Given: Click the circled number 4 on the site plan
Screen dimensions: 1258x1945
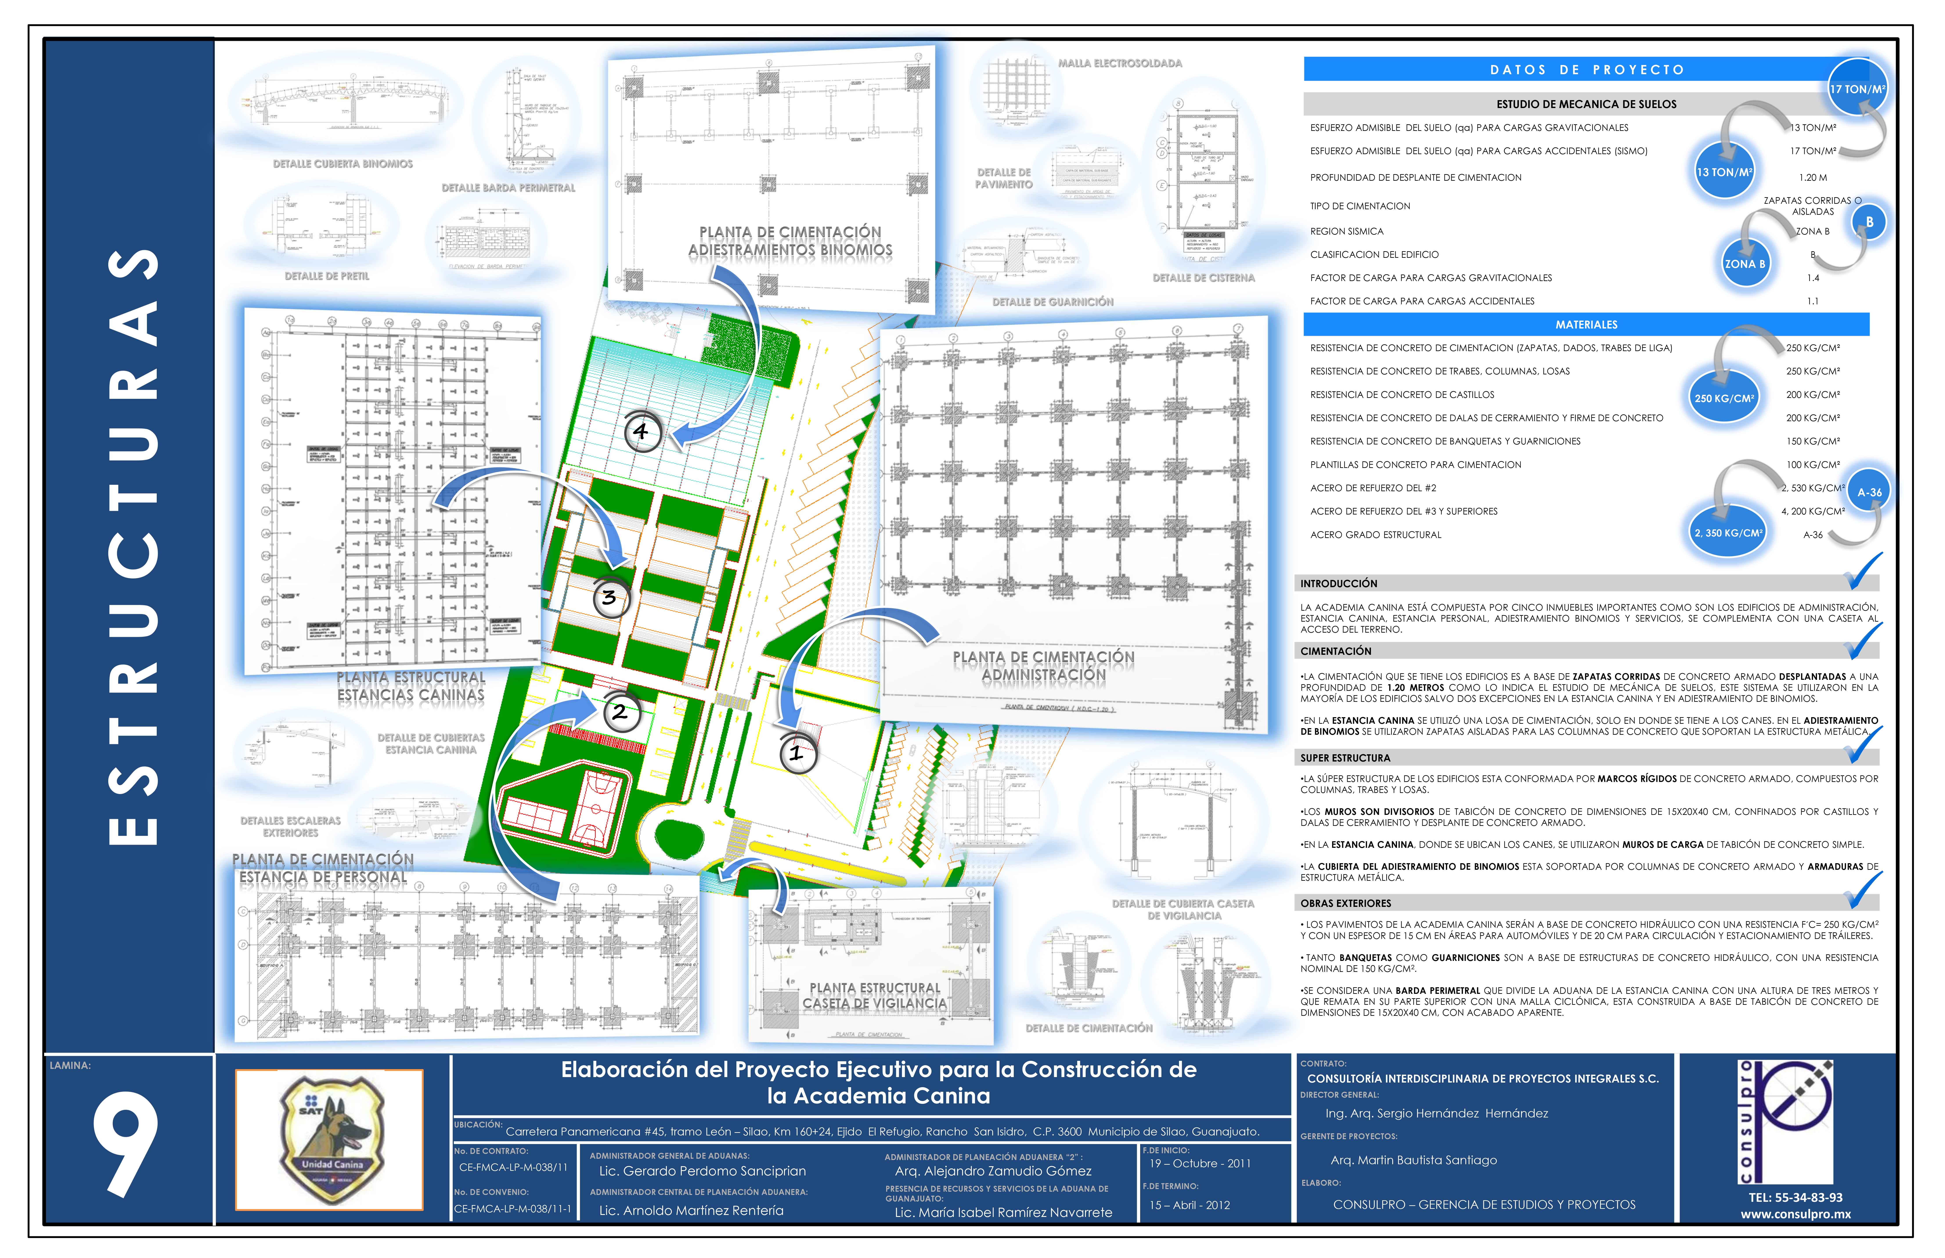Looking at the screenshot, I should point(642,431).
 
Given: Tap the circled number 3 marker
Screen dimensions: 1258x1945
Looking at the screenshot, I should point(609,597).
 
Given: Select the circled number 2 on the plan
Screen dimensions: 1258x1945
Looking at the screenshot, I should point(620,711).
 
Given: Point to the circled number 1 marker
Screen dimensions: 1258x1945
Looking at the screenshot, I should point(796,753).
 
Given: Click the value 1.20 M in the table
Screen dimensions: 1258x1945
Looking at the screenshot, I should point(1813,177).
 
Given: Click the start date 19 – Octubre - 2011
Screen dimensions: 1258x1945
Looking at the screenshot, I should point(1199,1163).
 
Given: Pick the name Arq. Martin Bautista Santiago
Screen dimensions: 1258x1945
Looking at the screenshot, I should point(1413,1160).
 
